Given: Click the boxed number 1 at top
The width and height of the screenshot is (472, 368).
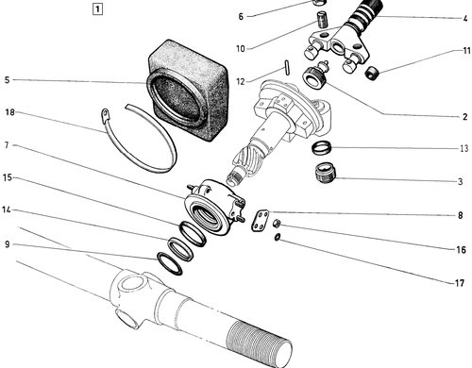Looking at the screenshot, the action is pyautogui.click(x=97, y=9).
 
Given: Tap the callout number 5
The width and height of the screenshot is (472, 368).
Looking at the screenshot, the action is pyautogui.click(x=8, y=80).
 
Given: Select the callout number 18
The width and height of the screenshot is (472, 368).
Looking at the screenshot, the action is pyautogui.click(x=10, y=112).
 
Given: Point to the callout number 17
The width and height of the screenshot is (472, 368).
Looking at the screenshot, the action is pyautogui.click(x=460, y=283).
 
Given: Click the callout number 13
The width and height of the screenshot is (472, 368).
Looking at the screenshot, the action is pyautogui.click(x=464, y=148).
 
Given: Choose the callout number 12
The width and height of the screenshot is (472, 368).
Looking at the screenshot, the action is pyautogui.click(x=241, y=82).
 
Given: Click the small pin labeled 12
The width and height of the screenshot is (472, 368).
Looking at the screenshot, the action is pyautogui.click(x=288, y=67).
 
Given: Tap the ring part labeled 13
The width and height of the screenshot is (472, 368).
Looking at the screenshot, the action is pyautogui.click(x=321, y=147).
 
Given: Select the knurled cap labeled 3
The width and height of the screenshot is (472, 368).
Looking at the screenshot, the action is pyautogui.click(x=326, y=172).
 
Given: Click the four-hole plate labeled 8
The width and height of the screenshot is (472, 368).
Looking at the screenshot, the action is pyautogui.click(x=261, y=221).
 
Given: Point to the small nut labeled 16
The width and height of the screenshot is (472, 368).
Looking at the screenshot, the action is pyautogui.click(x=277, y=224).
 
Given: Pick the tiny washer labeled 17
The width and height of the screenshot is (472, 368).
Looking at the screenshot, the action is pyautogui.click(x=278, y=237).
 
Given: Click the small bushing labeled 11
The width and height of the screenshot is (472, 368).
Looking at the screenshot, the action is pyautogui.click(x=372, y=73).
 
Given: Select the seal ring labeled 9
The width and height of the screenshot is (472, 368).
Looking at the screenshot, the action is pyautogui.click(x=170, y=263).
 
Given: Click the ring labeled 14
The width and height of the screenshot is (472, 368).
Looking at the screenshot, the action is pyautogui.click(x=180, y=250).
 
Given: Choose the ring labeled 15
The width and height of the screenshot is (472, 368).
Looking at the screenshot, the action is pyautogui.click(x=193, y=234).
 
